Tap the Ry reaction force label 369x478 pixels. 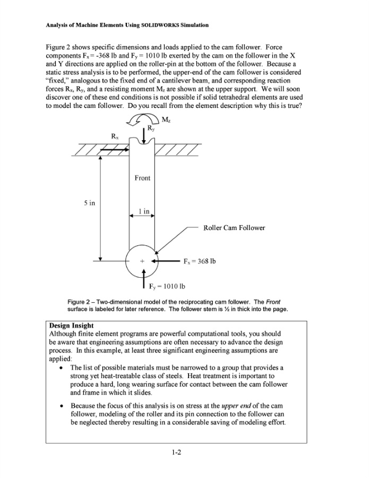click(x=151, y=128)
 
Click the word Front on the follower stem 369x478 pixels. click(x=142, y=178)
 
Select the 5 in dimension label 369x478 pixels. click(x=91, y=203)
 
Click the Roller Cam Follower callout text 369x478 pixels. click(x=234, y=228)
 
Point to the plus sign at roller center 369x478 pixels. click(x=142, y=261)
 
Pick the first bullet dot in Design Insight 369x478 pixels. click(x=63, y=368)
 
